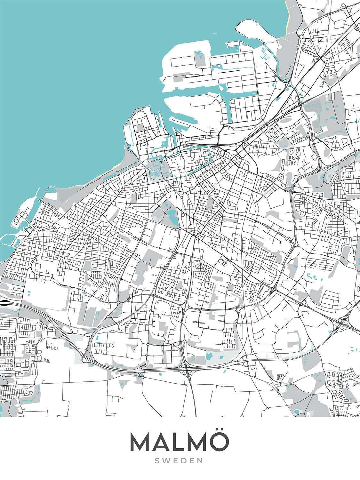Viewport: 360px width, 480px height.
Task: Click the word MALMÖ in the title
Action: [x=179, y=442]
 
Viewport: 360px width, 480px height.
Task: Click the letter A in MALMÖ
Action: [x=160, y=443]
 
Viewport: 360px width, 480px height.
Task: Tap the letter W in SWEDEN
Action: [x=167, y=461]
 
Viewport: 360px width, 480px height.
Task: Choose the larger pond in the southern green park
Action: [x=209, y=356]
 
